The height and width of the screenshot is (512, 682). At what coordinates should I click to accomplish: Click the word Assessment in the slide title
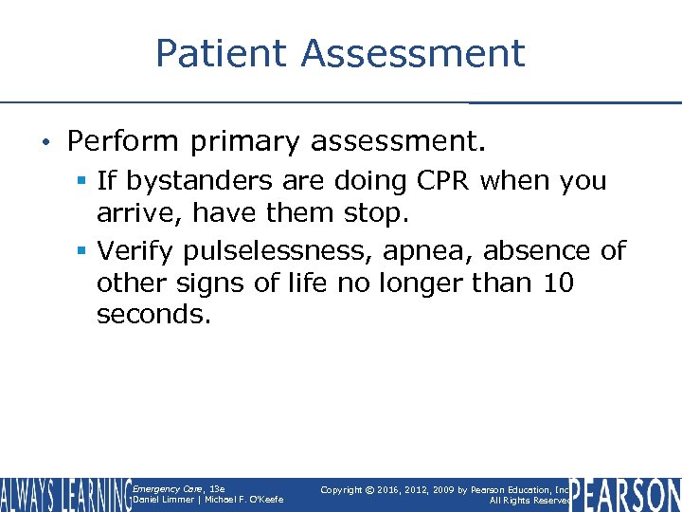[x=413, y=53]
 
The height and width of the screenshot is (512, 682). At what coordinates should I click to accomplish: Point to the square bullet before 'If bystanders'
[x=82, y=181]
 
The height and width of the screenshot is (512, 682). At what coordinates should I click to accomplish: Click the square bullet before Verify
[x=82, y=251]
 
